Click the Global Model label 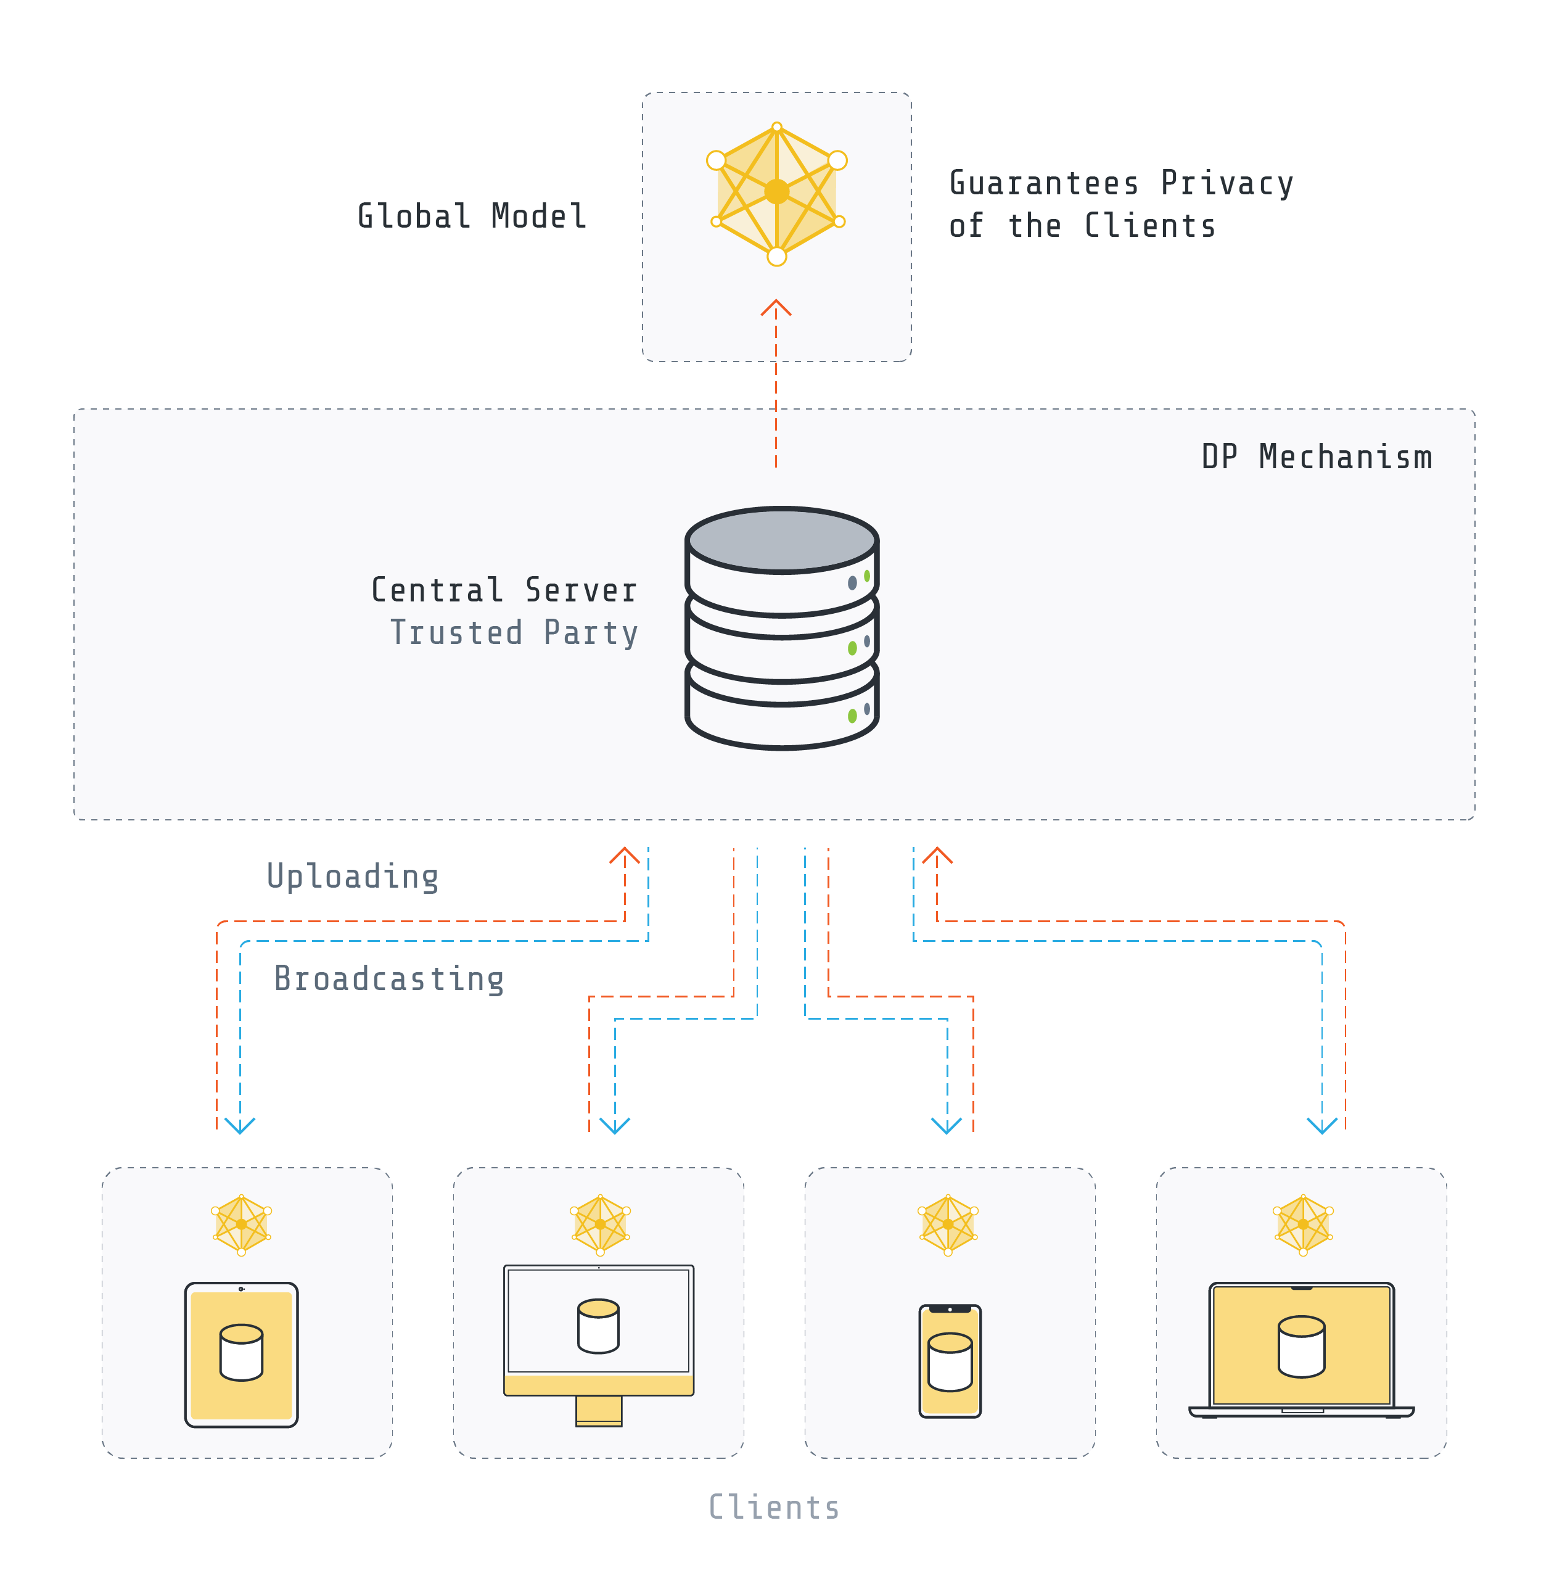(472, 217)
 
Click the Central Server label (504, 590)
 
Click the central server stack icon (781, 628)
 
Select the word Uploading (352, 877)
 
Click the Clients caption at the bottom (774, 1506)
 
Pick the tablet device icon (242, 1354)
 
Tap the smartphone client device (950, 1361)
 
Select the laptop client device (1301, 1351)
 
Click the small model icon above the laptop (1302, 1224)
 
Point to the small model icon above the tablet (242, 1224)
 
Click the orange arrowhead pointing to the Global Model (775, 308)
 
